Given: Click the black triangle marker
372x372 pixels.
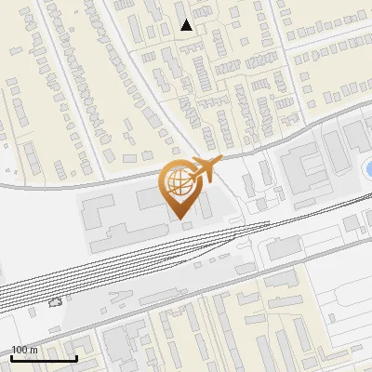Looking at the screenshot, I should (186, 25).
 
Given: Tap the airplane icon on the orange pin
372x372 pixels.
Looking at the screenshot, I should (206, 170).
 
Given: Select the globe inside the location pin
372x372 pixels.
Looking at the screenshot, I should (177, 181).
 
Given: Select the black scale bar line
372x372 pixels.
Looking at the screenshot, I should (44, 358).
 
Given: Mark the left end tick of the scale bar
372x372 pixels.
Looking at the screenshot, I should (11, 356).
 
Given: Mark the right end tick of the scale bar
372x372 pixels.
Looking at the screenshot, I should (76, 356).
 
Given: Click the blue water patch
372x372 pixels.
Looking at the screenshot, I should (367, 167).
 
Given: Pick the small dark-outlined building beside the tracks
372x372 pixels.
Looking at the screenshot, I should (54, 301).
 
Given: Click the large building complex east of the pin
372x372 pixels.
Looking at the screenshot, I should (307, 167).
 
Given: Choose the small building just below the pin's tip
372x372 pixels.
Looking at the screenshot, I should (187, 225).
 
